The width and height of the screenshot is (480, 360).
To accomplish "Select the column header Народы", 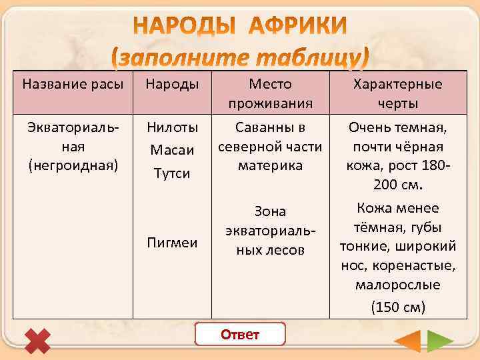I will coord(171,85).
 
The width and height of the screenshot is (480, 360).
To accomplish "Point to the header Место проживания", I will coord(270,94).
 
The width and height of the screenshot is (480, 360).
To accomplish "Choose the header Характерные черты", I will coord(397,94).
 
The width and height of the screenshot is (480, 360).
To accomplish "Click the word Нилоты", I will coord(171,126).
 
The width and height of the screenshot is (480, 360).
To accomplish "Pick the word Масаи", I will coord(171,150).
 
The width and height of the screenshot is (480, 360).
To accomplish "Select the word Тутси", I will coord(171,173).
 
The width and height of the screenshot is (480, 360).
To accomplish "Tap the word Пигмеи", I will coord(171,242).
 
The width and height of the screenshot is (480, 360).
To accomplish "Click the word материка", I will coord(270,165).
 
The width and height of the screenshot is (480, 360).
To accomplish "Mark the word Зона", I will coord(270,211).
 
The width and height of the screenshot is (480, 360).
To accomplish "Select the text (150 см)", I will coord(397,307).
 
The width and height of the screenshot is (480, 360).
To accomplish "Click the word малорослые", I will coord(397,285).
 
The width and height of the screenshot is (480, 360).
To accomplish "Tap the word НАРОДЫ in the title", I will coord(181,27).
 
